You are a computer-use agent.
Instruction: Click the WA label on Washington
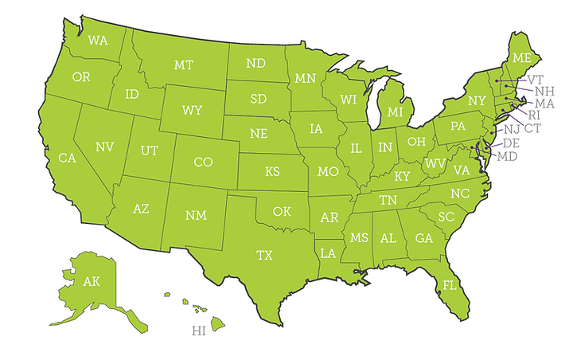[98, 40]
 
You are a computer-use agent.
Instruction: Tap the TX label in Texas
[263, 255]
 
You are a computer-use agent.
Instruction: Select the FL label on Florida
[450, 284]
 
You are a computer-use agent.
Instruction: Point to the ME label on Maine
[521, 58]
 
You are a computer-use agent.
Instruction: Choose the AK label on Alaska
[92, 281]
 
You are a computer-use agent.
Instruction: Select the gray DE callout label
[512, 142]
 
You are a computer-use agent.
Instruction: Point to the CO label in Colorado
[203, 162]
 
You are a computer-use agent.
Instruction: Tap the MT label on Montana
[184, 65]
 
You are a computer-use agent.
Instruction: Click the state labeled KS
[272, 171]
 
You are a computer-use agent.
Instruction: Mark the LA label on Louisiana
[328, 253]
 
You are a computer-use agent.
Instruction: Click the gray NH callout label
[544, 92]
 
